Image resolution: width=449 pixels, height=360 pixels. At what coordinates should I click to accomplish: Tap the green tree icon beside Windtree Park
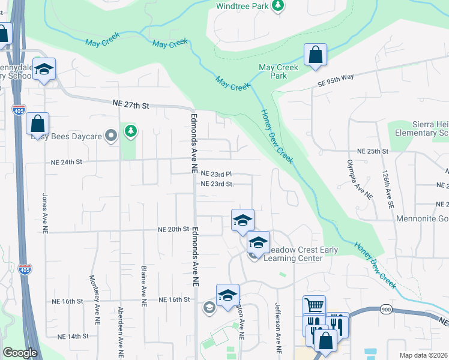click(x=277, y=5)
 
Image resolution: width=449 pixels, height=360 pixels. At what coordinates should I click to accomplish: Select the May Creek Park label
click(x=278, y=72)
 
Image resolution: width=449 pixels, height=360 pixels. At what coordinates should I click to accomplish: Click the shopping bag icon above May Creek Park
click(x=315, y=55)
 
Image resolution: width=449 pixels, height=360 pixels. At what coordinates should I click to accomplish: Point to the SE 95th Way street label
click(x=337, y=83)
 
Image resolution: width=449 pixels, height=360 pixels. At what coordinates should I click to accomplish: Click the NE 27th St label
click(x=130, y=105)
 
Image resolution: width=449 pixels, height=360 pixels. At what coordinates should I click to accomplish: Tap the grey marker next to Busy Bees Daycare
click(x=110, y=136)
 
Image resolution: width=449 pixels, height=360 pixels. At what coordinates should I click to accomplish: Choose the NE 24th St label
click(x=65, y=161)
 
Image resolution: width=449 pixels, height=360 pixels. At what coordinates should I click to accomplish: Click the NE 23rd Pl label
click(x=215, y=173)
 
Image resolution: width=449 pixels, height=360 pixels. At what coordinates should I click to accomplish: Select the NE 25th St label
click(x=373, y=151)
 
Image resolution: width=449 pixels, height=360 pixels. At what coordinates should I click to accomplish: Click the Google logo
click(x=20, y=353)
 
